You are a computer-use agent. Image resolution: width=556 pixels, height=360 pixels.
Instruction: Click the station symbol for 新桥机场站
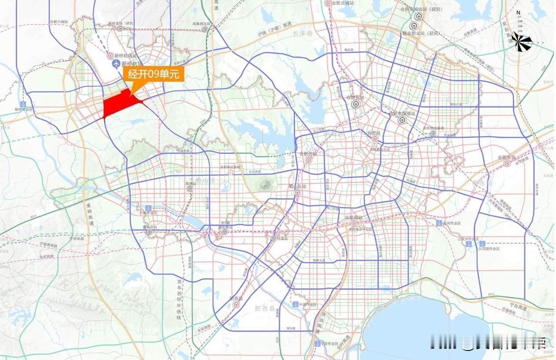tap(110, 55)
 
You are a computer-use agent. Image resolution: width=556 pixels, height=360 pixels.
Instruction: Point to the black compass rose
tap(522, 43)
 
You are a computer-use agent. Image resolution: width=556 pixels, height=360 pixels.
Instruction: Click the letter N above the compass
tap(518, 13)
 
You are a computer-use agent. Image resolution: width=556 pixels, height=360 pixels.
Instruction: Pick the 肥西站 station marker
tap(236, 305)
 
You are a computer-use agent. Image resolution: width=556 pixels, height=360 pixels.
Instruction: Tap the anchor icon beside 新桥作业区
tap(22, 104)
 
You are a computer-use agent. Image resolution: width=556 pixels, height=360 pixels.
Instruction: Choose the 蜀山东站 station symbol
tap(297, 192)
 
